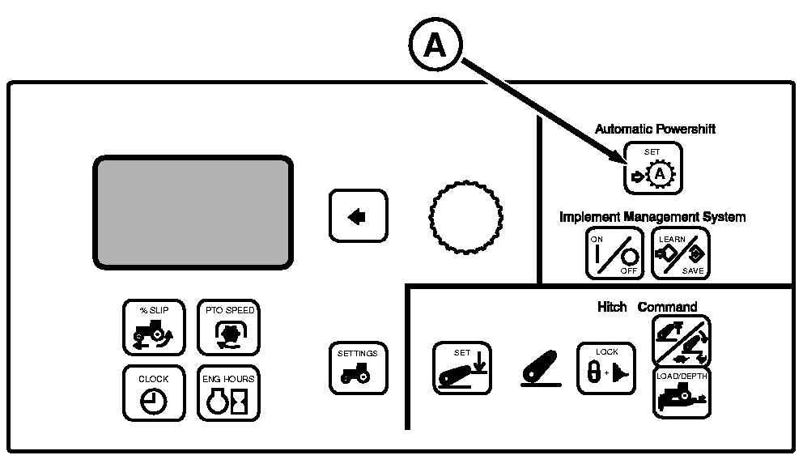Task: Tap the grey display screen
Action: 192,212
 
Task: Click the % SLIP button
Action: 148,328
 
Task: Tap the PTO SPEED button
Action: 228,328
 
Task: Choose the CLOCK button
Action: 148,394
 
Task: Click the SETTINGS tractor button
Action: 358,368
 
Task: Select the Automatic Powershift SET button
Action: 652,168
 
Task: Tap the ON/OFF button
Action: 614,253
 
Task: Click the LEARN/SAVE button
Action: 681,253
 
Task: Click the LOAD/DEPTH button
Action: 682,393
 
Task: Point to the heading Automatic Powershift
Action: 655,129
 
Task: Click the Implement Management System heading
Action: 652,217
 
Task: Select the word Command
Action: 667,307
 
